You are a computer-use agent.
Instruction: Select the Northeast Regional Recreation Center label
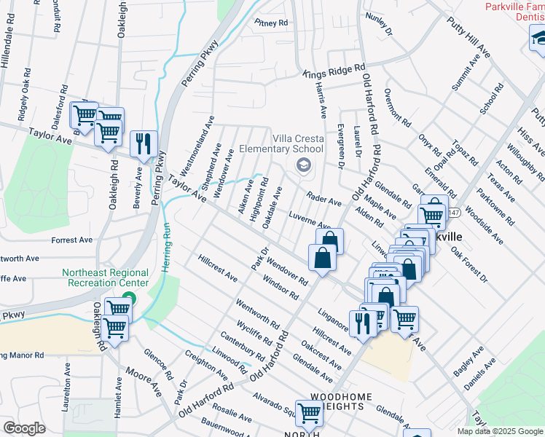(106, 277)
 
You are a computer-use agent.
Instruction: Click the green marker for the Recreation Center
(129, 298)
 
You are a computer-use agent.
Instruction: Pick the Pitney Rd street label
(271, 23)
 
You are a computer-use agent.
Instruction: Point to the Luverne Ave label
(310, 219)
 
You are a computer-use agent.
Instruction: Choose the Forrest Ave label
(72, 240)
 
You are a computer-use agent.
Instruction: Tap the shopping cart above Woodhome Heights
(309, 413)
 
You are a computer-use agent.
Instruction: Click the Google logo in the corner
(24, 428)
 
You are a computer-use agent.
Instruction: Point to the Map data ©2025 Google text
(499, 431)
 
